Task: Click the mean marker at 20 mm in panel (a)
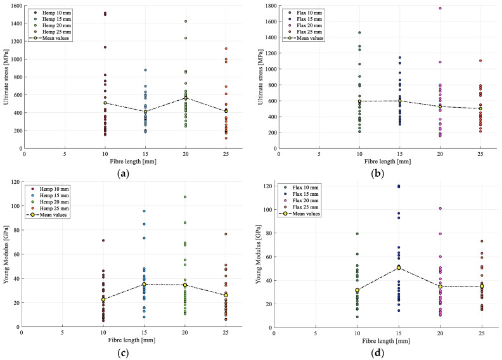point(186,98)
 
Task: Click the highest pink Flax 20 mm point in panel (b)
point(440,8)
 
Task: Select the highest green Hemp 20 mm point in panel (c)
point(185,196)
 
